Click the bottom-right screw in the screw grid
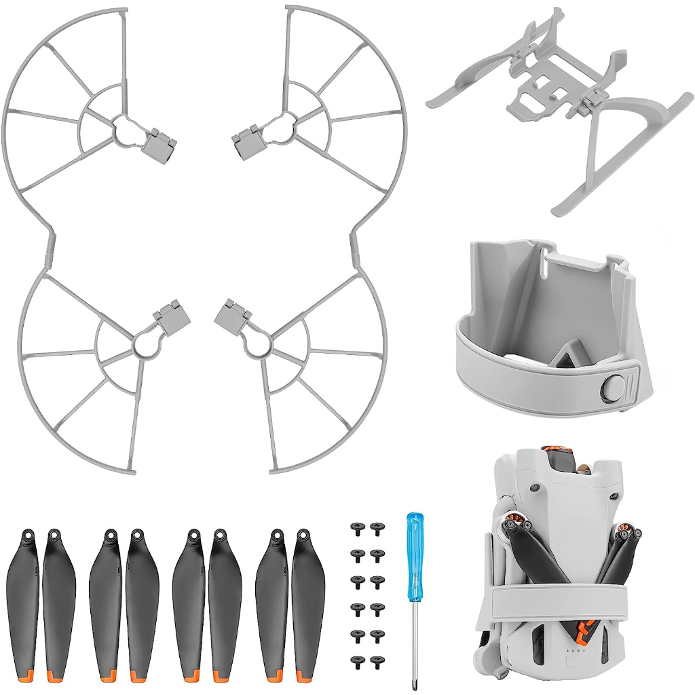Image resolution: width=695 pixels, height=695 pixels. (x=377, y=659)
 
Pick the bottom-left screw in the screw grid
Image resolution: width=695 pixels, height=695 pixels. (x=355, y=659)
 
